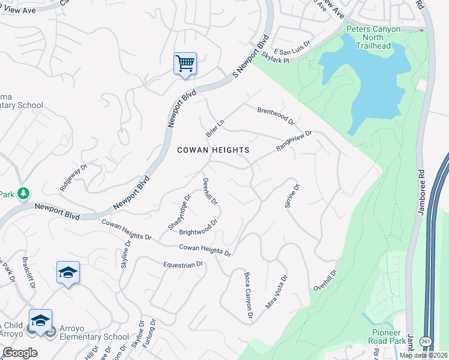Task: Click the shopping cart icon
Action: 185,63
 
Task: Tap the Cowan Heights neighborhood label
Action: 213,150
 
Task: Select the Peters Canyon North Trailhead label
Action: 373,37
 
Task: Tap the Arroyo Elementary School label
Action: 94,337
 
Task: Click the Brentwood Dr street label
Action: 276,115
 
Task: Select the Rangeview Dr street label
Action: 294,141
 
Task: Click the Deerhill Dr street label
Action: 210,193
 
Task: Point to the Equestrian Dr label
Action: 183,264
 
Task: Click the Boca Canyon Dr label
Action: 247,295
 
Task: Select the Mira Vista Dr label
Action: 277,292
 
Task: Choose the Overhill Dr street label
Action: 325,281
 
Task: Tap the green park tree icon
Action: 23,193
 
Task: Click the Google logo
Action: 20,353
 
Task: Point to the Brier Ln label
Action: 214,127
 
